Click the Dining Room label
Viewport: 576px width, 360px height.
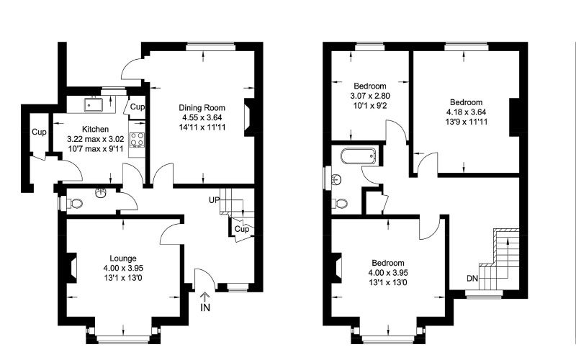coord(202,107)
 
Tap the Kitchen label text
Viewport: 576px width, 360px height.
coord(95,130)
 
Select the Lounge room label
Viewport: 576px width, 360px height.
coord(123,258)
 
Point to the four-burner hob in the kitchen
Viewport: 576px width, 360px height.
coord(138,140)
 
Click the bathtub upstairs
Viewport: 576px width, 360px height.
coord(358,156)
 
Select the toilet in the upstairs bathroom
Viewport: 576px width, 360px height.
coord(340,203)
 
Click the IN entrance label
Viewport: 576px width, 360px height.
coord(205,307)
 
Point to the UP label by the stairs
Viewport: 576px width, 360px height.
coord(214,200)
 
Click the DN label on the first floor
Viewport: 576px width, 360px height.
coord(472,279)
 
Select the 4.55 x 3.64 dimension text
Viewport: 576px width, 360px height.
coord(202,117)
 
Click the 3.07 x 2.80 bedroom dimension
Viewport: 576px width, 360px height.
coord(370,96)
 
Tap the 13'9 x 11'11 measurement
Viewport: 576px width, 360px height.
coord(466,122)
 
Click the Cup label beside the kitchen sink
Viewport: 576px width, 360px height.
coord(138,107)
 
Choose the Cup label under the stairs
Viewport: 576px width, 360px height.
coord(242,229)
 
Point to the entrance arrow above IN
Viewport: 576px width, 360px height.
coord(204,297)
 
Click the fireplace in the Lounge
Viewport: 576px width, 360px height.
coord(71,268)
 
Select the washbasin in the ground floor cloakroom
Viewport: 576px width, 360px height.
coord(101,192)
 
